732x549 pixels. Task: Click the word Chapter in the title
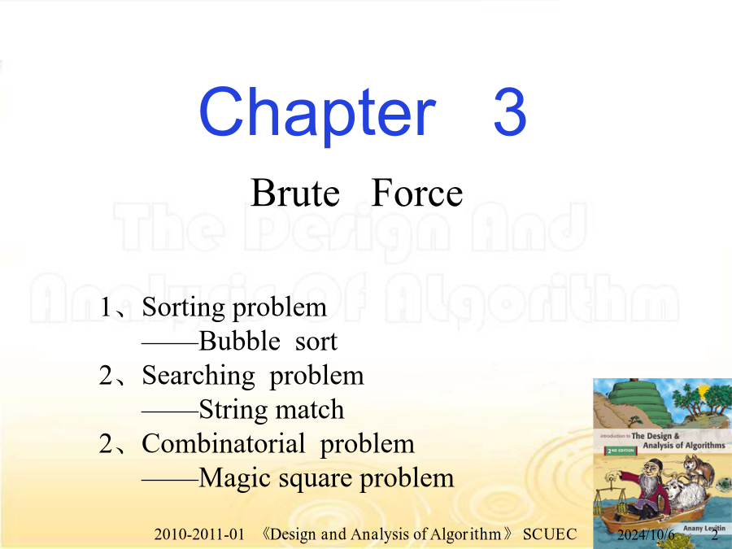[317, 115]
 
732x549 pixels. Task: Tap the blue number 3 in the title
[510, 112]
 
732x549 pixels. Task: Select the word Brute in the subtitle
[295, 192]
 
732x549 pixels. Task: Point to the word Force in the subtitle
[417, 192]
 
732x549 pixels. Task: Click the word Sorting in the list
[184, 308]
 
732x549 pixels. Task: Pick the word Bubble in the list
[239, 341]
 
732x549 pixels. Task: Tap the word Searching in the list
[198, 377]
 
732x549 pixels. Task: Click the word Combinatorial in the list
[223, 443]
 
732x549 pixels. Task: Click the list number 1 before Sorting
[106, 307]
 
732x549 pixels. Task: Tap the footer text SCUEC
[550, 534]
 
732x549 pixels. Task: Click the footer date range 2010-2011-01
[199, 534]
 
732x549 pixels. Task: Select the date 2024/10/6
[646, 534]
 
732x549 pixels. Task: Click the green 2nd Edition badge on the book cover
[621, 451]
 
